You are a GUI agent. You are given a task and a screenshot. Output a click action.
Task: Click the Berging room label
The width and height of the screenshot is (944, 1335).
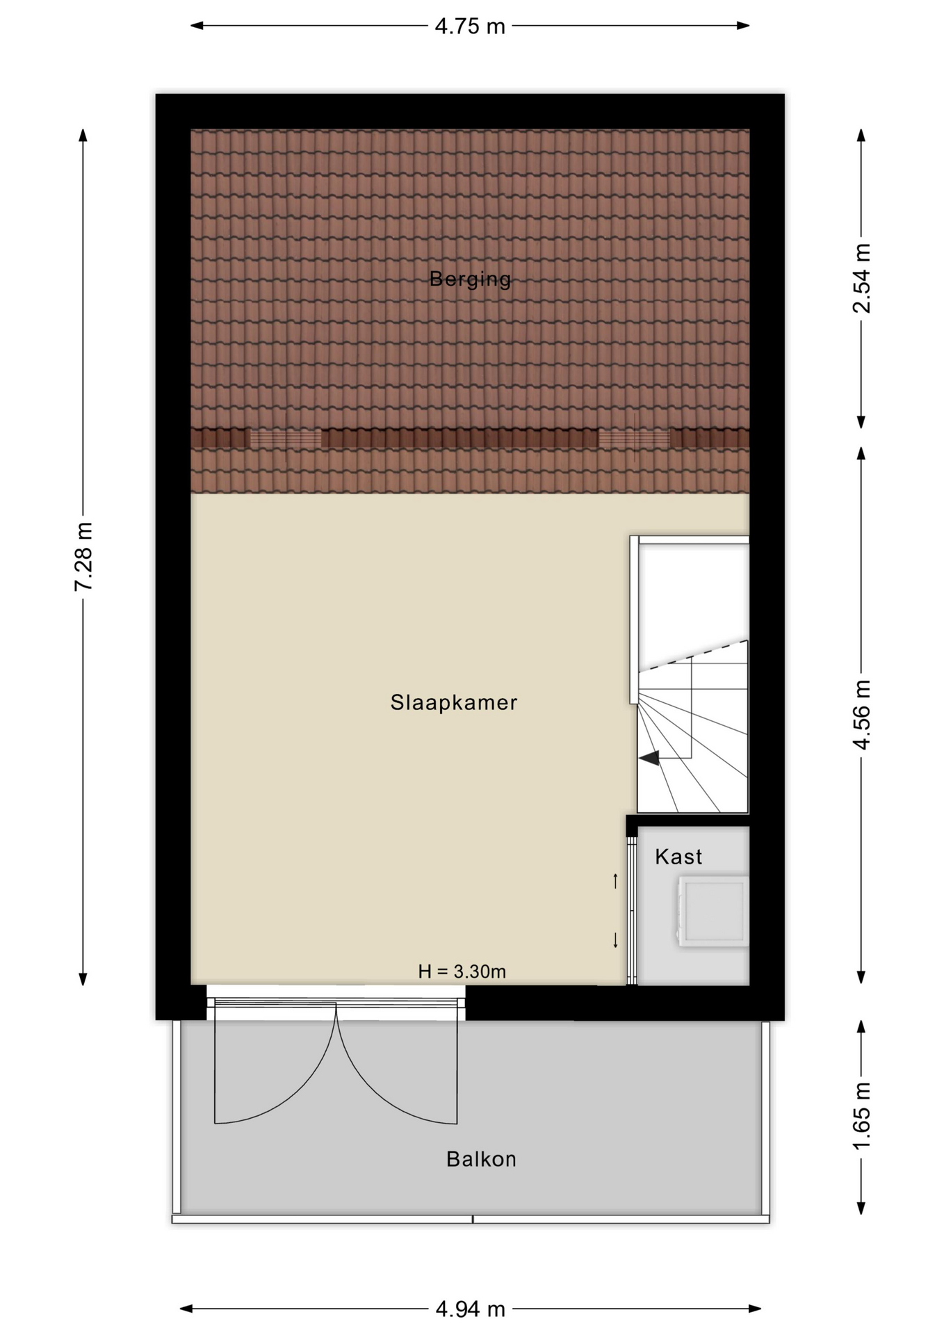tap(470, 279)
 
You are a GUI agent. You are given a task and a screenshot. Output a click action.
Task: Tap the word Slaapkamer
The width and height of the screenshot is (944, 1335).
tap(454, 702)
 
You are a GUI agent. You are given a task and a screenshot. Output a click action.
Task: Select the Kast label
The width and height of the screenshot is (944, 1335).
tap(678, 857)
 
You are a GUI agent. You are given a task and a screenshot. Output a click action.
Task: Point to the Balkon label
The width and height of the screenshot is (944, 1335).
tap(481, 1159)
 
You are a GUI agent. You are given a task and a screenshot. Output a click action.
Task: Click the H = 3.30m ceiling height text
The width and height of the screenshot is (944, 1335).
tap(462, 971)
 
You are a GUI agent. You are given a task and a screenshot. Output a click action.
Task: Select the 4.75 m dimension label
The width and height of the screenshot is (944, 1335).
tap(470, 26)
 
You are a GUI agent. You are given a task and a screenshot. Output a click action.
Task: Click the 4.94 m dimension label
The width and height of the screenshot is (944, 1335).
tap(470, 1309)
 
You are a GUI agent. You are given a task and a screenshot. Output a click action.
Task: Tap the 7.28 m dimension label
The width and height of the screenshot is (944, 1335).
tap(83, 557)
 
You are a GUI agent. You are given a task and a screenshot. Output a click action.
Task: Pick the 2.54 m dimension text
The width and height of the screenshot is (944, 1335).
tap(861, 278)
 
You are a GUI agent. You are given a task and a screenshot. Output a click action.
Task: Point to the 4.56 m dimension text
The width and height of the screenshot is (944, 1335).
tap(861, 715)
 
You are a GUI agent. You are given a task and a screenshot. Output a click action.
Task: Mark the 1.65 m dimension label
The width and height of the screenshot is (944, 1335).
tap(861, 1116)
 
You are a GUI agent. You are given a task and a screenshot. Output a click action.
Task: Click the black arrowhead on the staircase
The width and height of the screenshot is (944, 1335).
tap(650, 758)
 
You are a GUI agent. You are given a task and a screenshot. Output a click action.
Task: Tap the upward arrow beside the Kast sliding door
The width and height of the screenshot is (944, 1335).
tap(615, 881)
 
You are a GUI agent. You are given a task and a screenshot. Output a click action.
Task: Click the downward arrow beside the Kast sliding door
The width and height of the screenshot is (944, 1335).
tap(615, 940)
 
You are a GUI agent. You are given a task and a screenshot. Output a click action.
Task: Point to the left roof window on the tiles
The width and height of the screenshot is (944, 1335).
tap(286, 439)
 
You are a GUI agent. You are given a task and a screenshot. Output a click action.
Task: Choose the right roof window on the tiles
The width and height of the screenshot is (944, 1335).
tap(634, 439)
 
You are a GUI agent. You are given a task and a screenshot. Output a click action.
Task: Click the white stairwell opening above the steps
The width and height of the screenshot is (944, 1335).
tap(693, 598)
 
